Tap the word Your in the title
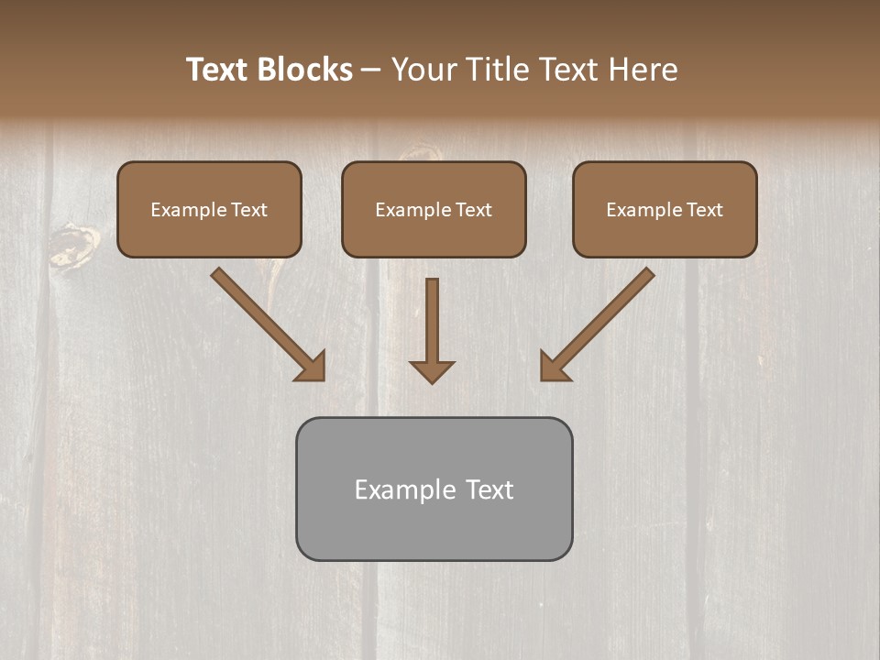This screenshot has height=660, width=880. (x=424, y=70)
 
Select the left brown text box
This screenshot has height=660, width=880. (x=209, y=237)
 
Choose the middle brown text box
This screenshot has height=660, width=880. (x=434, y=237)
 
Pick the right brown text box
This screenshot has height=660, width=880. (x=665, y=237)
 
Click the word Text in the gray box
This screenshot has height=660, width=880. (x=489, y=489)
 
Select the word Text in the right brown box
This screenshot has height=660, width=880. (x=705, y=210)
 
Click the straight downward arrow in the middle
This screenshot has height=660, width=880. (x=432, y=321)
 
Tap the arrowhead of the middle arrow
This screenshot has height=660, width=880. (x=432, y=371)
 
